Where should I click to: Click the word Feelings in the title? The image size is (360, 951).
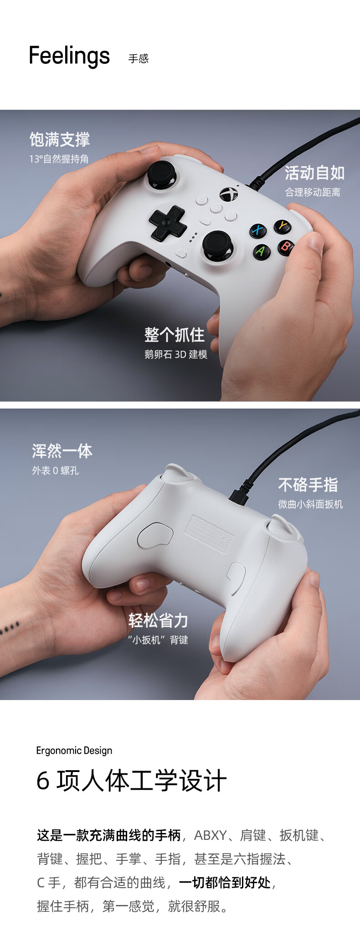point(69,56)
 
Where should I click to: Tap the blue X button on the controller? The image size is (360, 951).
point(258,230)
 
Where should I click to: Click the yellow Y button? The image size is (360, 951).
point(283,226)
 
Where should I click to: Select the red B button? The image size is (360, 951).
point(285,247)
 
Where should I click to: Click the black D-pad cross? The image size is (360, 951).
point(168,223)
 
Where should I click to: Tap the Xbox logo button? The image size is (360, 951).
point(229,194)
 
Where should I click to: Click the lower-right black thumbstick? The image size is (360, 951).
point(217,245)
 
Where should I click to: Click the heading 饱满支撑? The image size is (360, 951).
point(60,139)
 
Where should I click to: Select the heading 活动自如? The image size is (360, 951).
point(314,173)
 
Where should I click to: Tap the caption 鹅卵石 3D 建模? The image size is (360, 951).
point(176,354)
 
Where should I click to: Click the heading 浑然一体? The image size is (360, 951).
point(62,451)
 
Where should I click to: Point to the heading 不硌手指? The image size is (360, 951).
point(308,485)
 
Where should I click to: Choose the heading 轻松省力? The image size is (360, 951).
point(158,620)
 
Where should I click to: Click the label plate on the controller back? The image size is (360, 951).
point(209,534)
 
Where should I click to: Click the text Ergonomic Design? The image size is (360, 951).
point(74,751)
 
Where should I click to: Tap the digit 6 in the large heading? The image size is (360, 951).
point(43,781)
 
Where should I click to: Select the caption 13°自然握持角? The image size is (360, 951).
point(59,159)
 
